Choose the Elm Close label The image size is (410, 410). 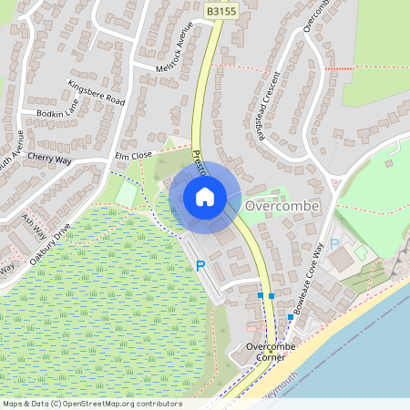tap(132, 157)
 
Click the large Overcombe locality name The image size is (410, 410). tap(282, 207)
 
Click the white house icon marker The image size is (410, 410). tap(204, 196)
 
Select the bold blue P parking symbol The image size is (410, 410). tap(200, 266)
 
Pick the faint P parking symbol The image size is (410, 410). tap(334, 244)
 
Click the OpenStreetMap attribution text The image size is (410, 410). tap(80, 404)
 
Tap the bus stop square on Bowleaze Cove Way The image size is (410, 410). tap(291, 316)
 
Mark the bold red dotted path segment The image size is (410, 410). tap(340, 68)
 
